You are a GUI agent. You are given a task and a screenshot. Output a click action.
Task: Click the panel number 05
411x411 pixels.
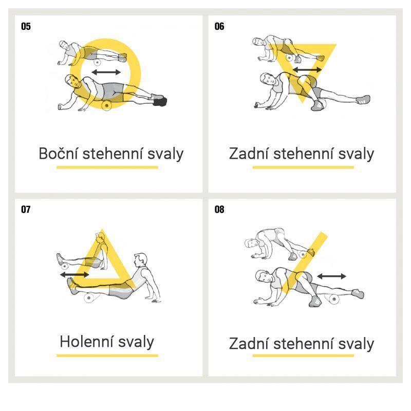[26, 26]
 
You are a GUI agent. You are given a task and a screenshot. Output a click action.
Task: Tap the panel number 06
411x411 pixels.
[219, 26]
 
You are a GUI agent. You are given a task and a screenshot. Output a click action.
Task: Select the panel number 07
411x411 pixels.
[26, 209]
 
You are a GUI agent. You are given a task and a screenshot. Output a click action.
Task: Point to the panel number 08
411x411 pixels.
[219, 209]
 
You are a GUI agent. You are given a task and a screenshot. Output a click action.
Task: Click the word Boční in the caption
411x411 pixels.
[58, 153]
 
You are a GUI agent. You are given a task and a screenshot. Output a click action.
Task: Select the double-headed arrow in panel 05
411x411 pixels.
[106, 72]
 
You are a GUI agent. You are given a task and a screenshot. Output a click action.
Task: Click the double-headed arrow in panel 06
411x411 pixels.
[307, 70]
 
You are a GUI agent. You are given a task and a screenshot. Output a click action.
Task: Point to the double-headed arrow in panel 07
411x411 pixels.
[74, 275]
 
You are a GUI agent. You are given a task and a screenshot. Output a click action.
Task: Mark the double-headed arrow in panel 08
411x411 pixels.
[331, 276]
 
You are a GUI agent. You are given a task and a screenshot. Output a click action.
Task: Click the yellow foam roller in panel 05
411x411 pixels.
[107, 105]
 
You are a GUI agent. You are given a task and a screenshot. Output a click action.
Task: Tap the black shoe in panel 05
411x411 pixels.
[160, 102]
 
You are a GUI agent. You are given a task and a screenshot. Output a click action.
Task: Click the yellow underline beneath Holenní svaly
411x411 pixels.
[107, 356]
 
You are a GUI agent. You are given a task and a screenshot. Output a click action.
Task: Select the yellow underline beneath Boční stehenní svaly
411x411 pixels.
[107, 167]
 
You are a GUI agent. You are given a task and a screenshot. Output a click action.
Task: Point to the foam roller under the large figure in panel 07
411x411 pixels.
[89, 298]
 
